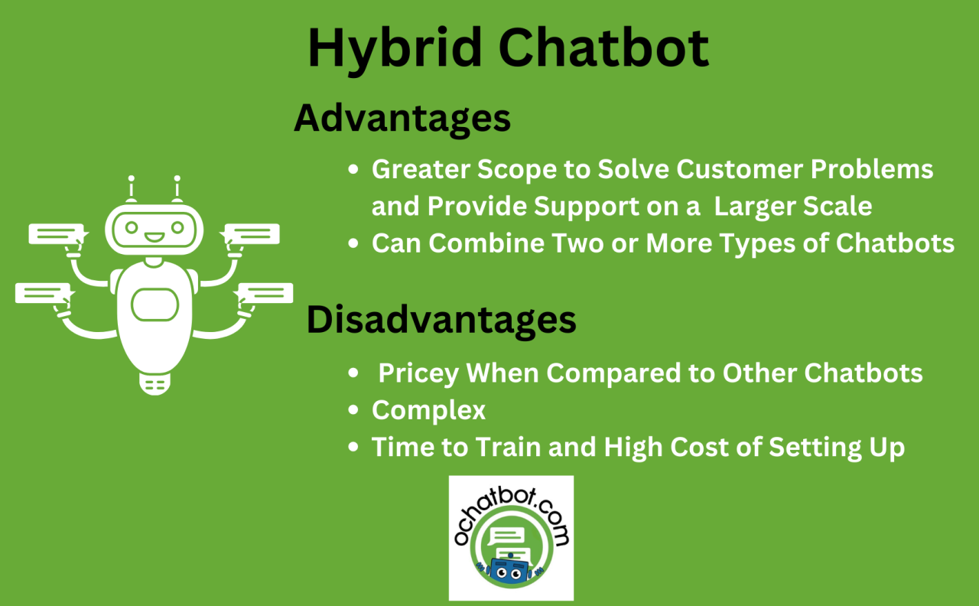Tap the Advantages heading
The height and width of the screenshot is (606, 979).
402,119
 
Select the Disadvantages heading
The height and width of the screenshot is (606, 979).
441,320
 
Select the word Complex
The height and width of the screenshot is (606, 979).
428,410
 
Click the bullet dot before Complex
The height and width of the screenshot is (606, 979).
353,411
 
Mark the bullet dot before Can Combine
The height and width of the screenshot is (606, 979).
353,243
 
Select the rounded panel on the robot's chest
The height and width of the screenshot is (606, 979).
154,305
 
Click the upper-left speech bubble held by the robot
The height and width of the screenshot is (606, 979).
56,233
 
